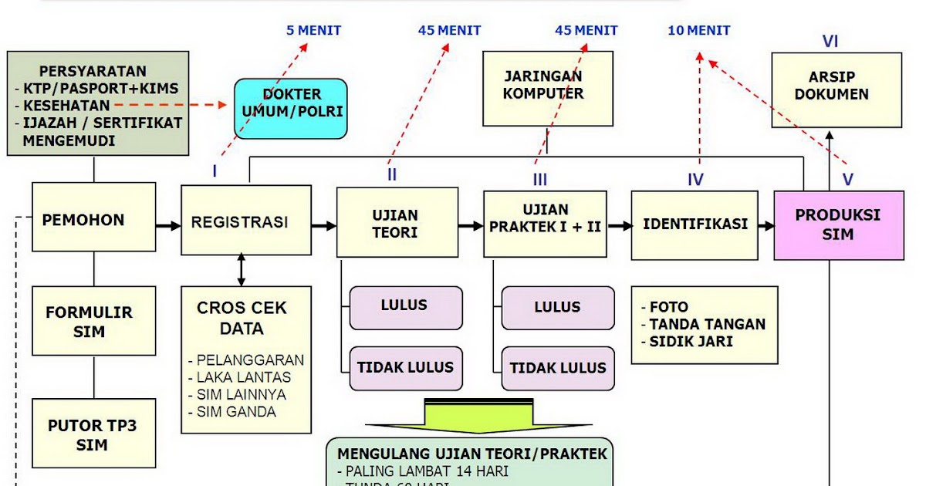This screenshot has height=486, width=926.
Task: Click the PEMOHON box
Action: point(83,221)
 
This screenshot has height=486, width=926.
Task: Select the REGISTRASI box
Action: point(246,221)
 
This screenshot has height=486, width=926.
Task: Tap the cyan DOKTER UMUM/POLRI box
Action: point(291,108)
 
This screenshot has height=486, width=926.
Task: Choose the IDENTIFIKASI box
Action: point(694,225)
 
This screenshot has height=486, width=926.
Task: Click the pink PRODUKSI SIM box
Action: point(838,225)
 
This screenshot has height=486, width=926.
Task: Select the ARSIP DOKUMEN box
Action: point(836,89)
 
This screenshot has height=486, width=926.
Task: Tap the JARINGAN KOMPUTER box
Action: point(547,88)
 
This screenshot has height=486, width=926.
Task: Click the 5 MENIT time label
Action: point(313,31)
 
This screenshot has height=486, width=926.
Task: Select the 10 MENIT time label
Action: point(698,31)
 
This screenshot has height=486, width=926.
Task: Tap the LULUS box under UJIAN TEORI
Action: point(405,307)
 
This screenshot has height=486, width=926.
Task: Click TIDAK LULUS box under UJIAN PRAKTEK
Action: point(558,368)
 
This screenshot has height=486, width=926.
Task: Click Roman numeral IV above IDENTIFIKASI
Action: point(695,180)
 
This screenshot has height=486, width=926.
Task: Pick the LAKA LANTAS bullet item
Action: point(243,377)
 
